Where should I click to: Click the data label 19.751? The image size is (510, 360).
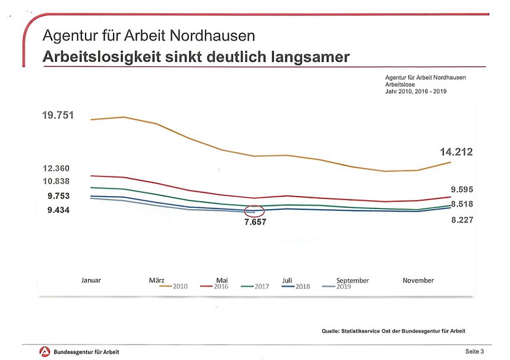pyautogui.click(x=58, y=115)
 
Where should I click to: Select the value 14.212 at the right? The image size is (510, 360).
pyautogui.click(x=456, y=153)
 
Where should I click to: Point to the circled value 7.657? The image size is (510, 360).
pyautogui.click(x=256, y=222)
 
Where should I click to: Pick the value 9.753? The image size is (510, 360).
pyautogui.click(x=59, y=196)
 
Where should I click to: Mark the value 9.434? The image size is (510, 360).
pyautogui.click(x=59, y=210)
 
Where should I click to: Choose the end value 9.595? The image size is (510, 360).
pyautogui.click(x=462, y=190)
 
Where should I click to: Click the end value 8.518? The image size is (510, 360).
pyautogui.click(x=462, y=204)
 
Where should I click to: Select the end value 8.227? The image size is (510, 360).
pyautogui.click(x=462, y=220)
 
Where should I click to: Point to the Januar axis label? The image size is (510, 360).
pyautogui.click(x=91, y=280)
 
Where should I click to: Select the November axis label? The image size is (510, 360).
pyautogui.click(x=418, y=280)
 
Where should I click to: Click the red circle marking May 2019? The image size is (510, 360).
pyautogui.click(x=254, y=211)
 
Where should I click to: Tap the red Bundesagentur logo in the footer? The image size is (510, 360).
pyautogui.click(x=45, y=352)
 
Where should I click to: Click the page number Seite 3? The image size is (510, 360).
pyautogui.click(x=474, y=352)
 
